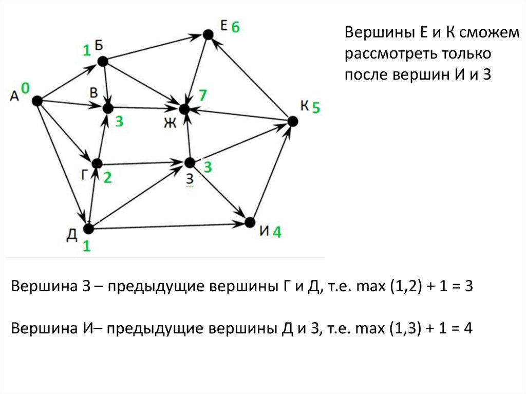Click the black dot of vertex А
pos(36,101)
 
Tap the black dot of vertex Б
pos(102,61)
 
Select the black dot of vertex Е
pos(208,34)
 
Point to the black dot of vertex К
pos(292,121)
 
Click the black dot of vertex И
pos(250,222)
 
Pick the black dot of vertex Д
pos(88,228)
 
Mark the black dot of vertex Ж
pos(184,109)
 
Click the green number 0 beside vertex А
pos(25,88)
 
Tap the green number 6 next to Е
pos(235,27)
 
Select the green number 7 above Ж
pos(203,95)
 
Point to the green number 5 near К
pos(316,107)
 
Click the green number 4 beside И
pos(277,232)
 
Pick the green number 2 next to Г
pos(108,178)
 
